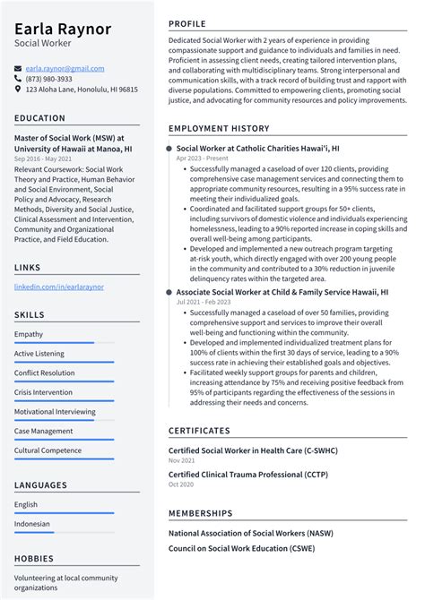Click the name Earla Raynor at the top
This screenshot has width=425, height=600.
(x=62, y=28)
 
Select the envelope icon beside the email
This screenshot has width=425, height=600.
(x=18, y=67)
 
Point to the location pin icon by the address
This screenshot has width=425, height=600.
(x=18, y=90)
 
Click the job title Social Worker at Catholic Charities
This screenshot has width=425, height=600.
(x=257, y=147)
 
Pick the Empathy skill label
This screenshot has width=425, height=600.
(x=29, y=334)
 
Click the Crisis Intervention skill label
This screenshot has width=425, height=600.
(x=43, y=392)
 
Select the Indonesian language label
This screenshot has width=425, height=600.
(x=32, y=524)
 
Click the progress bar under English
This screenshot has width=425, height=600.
(x=64, y=512)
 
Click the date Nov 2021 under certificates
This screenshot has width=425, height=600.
(x=181, y=459)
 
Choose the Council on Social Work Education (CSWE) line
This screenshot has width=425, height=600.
(x=246, y=547)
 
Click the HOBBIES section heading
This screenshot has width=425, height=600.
(x=35, y=558)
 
